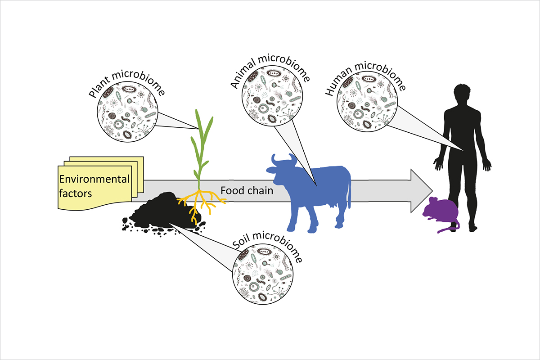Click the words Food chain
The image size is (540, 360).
tap(247, 190)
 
